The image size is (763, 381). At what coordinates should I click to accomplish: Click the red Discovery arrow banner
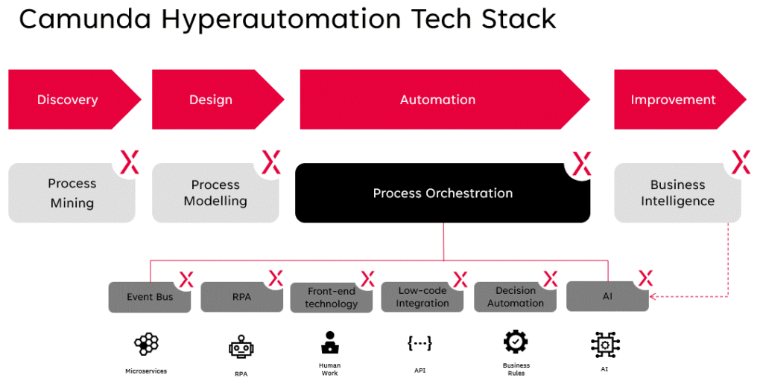click(68, 100)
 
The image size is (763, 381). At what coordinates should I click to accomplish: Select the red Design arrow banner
click(211, 100)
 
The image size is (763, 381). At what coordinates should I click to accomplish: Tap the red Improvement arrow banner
click(673, 100)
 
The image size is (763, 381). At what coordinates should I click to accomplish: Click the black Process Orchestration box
click(443, 193)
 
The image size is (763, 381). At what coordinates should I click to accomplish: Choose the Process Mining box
click(72, 193)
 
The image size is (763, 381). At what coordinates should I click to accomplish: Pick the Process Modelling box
click(215, 193)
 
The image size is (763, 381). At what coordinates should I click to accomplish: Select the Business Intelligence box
click(677, 193)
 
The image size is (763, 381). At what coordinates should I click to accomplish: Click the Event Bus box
click(149, 297)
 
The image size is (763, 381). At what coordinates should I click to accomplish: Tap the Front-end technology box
click(332, 298)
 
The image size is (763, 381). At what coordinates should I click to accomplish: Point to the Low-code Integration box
click(423, 297)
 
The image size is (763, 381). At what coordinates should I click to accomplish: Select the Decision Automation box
click(516, 297)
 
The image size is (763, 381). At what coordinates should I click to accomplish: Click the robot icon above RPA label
click(240, 347)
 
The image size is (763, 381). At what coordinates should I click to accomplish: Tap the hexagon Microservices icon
click(146, 345)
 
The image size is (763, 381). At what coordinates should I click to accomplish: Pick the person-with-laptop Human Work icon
click(329, 342)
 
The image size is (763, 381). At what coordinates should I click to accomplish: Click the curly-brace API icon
click(420, 343)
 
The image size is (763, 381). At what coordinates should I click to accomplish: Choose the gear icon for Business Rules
click(516, 342)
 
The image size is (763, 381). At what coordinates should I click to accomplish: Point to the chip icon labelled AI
click(605, 345)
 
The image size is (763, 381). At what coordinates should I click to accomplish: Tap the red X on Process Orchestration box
click(581, 163)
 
